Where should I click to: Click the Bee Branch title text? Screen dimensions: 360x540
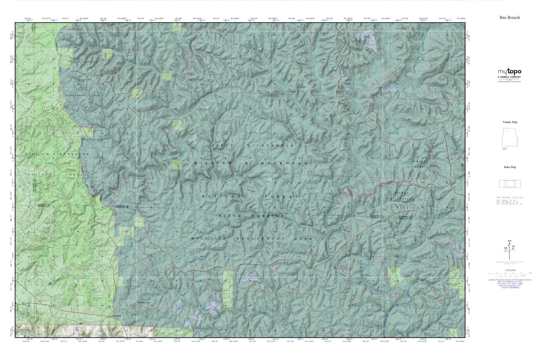pos(509,17)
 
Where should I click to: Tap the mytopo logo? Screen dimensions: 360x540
pos(509,71)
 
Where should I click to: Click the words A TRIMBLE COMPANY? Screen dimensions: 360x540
pos(509,77)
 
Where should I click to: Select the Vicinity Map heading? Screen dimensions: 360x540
pos(510,122)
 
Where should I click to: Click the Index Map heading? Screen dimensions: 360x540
pos(510,167)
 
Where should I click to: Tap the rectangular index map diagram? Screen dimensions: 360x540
pos(510,184)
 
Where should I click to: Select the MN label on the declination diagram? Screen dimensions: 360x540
pos(505,248)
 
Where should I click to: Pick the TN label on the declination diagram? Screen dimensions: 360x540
pos(513,247)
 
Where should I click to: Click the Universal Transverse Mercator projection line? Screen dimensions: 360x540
pos(509,280)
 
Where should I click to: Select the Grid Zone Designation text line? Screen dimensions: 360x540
pos(509,286)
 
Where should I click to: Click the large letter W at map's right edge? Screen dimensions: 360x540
pos(463,165)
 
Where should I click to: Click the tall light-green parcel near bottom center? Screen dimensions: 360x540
pos(228,289)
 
